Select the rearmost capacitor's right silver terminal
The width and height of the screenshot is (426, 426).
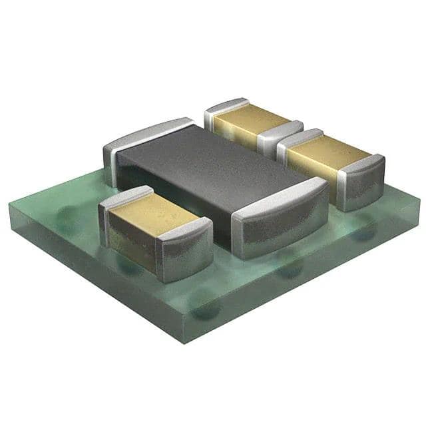tap(280, 136)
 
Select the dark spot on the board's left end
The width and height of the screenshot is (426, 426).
tap(67, 212)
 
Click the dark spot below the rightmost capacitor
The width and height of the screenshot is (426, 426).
tap(363, 234)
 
